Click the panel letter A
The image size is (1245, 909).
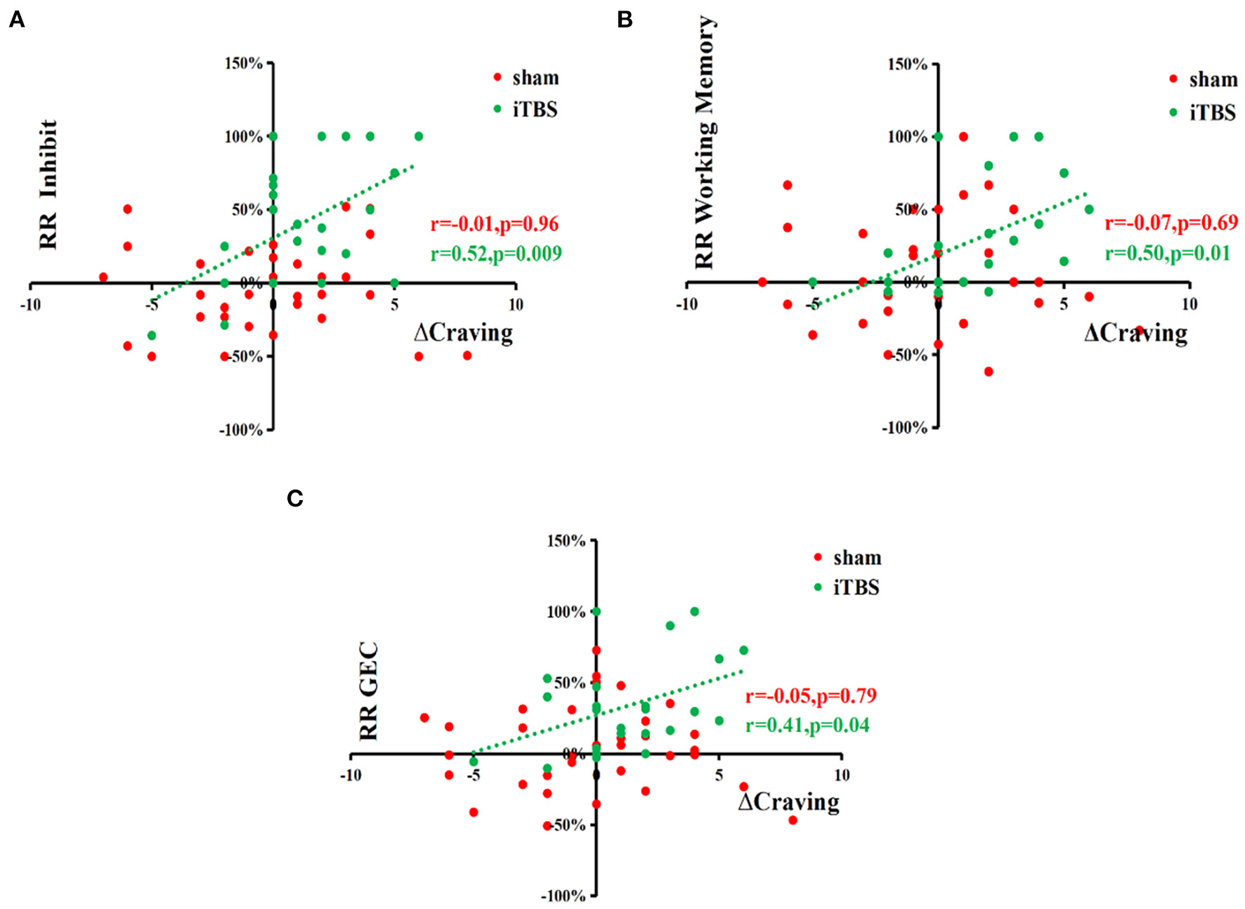(16, 20)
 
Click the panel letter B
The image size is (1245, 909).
(625, 20)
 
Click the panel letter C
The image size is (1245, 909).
(294, 498)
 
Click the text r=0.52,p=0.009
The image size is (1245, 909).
(496, 254)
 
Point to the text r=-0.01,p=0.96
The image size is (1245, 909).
(495, 224)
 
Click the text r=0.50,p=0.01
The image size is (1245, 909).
(1167, 253)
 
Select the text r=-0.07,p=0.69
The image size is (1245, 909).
(1171, 223)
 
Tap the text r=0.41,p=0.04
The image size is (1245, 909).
(807, 725)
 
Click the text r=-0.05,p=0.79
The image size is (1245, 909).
(811, 695)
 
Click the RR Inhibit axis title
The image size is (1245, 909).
(48, 185)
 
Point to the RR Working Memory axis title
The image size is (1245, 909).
(704, 143)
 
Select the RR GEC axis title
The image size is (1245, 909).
(368, 691)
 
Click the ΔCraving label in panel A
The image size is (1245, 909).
(464, 332)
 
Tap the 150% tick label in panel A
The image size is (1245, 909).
(243, 64)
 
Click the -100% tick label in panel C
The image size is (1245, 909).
(563, 896)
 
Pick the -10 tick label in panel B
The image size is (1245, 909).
(686, 304)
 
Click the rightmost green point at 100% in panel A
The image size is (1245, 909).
(419, 136)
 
